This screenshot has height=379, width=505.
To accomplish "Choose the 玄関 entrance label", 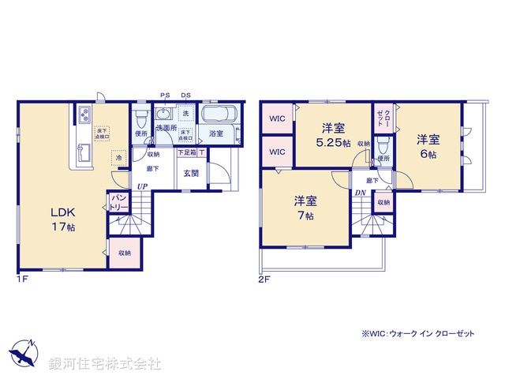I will point(191,174).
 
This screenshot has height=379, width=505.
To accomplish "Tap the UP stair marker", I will point(142,186).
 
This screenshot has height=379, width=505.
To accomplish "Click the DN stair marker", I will point(360,193).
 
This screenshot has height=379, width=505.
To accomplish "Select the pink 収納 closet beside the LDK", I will point(125,253).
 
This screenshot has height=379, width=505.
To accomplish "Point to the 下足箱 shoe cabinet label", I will point(186,152).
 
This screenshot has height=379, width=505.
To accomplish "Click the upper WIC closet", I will point(276,120).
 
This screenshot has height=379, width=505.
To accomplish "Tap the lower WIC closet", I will point(276,151).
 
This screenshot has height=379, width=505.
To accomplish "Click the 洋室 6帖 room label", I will point(428,146).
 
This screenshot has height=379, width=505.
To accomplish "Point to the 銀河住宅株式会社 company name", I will point(104,364).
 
